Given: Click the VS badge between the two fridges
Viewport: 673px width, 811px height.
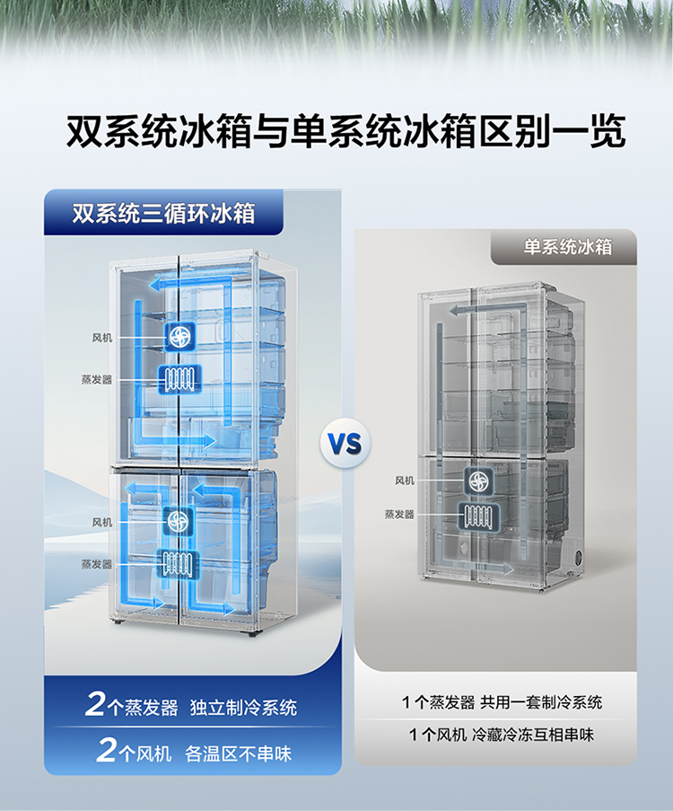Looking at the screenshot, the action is [345, 443].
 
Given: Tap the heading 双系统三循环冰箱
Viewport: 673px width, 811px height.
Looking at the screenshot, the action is [163, 214].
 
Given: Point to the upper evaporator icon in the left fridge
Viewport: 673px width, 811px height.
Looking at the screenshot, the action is [178, 379].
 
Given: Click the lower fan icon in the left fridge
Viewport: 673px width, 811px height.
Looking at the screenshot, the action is [179, 521].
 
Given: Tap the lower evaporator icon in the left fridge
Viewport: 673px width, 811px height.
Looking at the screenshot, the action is [178, 563].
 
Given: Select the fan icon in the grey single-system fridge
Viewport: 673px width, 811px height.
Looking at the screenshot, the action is [478, 480].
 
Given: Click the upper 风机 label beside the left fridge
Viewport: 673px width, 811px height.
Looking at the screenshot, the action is [102, 338].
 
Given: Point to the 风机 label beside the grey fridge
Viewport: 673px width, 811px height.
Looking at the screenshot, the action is [405, 480].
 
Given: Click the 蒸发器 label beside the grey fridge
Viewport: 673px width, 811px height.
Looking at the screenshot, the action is [399, 515].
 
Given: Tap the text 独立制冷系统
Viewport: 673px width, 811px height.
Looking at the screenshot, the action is [243, 708].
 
